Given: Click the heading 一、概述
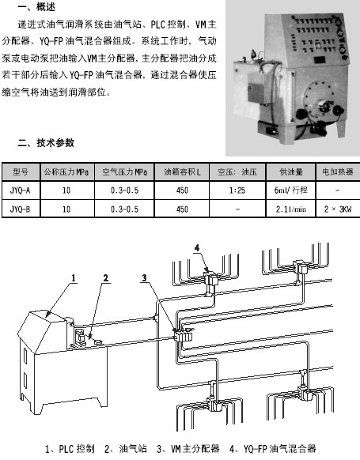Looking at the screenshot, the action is [x=36, y=6].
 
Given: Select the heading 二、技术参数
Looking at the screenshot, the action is [x=46, y=143].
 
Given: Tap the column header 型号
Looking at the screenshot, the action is [x=21, y=172].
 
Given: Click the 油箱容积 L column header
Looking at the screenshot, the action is [x=182, y=172].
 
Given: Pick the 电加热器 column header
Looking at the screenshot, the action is [x=337, y=172].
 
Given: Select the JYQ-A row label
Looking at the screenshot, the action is [x=21, y=190].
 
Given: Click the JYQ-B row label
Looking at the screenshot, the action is [x=21, y=209].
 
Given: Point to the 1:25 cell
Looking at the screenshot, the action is [x=237, y=190].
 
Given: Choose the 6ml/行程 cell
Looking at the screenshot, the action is [x=290, y=190].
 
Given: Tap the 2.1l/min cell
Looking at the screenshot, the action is [x=290, y=209].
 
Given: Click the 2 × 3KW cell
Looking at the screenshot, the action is [x=338, y=209].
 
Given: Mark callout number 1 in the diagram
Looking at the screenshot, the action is [x=74, y=277].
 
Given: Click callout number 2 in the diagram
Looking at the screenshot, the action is [x=106, y=277].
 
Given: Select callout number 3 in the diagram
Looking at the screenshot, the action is [x=144, y=277].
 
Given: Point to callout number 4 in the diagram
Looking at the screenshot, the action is [x=197, y=248].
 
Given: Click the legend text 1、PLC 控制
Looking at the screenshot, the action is [x=70, y=449].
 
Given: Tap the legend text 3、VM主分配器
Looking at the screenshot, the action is [x=188, y=449].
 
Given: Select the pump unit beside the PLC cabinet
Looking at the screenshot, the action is [x=80, y=338].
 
